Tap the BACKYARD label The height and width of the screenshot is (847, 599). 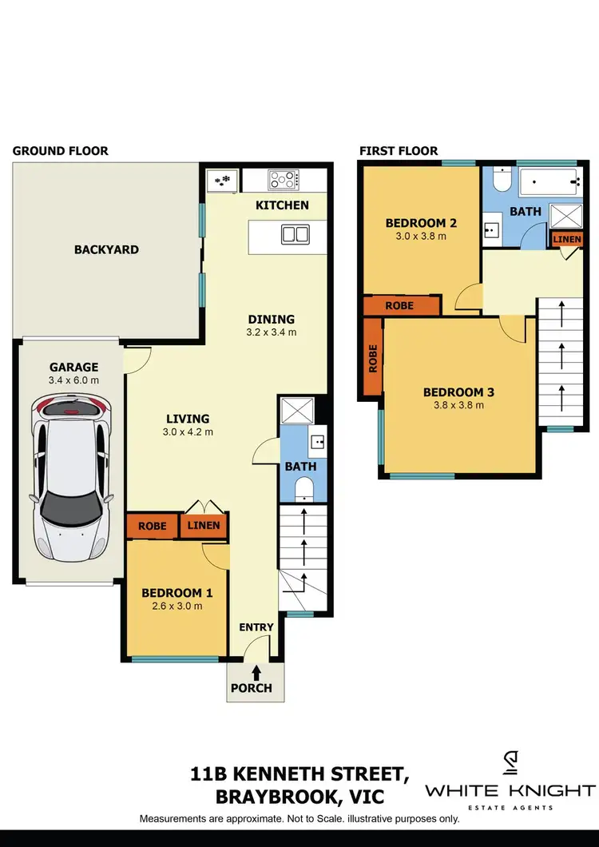tap(106, 249)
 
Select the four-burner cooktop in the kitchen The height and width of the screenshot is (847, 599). tap(284, 179)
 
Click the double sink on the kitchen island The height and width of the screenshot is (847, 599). tap(294, 234)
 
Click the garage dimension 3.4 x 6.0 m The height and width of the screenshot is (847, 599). tap(73, 380)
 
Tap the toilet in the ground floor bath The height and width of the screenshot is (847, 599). tap(305, 489)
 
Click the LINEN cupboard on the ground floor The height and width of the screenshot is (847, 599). tap(204, 526)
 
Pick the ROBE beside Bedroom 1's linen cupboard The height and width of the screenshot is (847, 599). tap(152, 526)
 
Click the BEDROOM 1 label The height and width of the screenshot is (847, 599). tap(177, 593)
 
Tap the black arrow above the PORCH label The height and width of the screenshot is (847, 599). tap(255, 673)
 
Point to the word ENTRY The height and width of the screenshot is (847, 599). tap(256, 627)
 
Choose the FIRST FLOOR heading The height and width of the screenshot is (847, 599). tap(399, 150)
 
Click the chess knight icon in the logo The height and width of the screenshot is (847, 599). tap(510, 764)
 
